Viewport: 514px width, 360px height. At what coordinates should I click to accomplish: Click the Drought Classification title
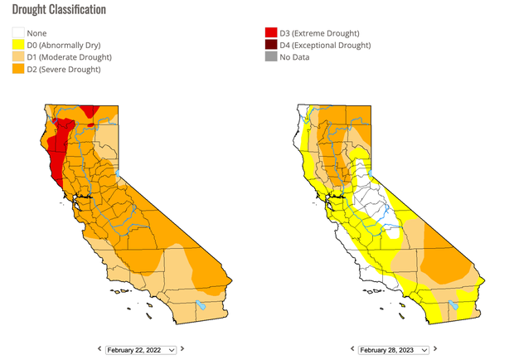pos(58,10)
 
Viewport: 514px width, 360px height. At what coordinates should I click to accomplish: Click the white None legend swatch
pos(17,34)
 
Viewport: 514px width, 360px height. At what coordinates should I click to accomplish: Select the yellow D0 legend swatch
pos(17,46)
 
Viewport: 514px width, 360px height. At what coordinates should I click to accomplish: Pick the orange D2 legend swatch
pos(17,69)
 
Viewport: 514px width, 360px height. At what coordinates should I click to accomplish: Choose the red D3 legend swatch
pos(269,34)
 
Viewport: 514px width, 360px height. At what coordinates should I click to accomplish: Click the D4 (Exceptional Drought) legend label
pos(325,46)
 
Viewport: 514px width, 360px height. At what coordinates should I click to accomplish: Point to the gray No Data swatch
pos(269,57)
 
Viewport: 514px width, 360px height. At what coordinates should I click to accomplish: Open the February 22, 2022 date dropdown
pos(141,350)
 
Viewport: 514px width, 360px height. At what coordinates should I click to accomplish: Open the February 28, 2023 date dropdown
pos(393,350)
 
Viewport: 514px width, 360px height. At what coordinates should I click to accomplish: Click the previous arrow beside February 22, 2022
pos(99,350)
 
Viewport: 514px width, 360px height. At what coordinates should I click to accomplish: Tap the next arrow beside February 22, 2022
pos(182,350)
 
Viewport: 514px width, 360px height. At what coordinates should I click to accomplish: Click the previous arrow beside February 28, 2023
pos(352,350)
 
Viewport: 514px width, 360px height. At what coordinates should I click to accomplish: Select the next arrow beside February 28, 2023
pos(435,350)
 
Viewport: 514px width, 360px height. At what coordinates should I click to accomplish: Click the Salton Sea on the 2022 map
pos(201,305)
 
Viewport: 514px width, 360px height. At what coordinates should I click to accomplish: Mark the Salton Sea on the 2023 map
pos(453,305)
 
